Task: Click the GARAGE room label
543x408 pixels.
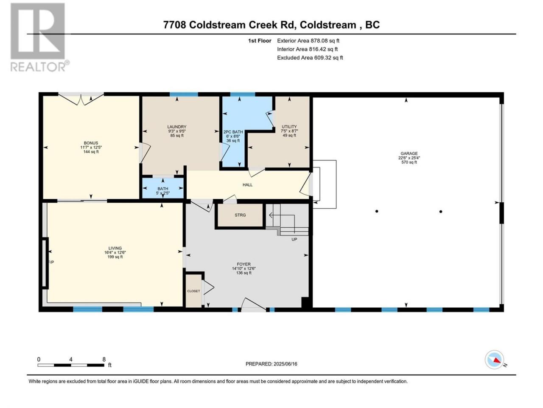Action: tap(409, 153)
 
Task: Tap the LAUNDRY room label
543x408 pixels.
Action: tap(176, 127)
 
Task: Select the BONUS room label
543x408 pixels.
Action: tap(91, 143)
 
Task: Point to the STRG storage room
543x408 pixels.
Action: tap(240, 215)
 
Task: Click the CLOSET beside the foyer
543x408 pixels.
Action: tap(193, 291)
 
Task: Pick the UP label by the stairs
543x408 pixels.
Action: tap(294, 239)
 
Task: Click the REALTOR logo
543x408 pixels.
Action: tap(39, 37)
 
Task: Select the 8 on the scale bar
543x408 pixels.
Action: tap(104, 359)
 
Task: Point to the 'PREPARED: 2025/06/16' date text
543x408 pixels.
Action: tap(271, 364)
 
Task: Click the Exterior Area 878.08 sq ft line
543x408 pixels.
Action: tap(308, 41)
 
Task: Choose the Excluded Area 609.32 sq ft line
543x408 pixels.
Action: tap(310, 58)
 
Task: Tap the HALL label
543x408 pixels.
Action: tap(247, 185)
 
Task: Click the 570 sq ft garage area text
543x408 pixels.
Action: tap(409, 162)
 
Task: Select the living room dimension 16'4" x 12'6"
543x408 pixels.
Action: tap(115, 252)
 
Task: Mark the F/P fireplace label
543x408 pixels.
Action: tap(51, 262)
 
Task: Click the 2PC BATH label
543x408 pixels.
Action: tap(233, 132)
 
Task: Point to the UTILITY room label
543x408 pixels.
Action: tap(289, 127)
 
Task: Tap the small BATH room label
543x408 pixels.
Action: tap(162, 189)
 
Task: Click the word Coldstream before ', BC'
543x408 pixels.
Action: tap(328, 25)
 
